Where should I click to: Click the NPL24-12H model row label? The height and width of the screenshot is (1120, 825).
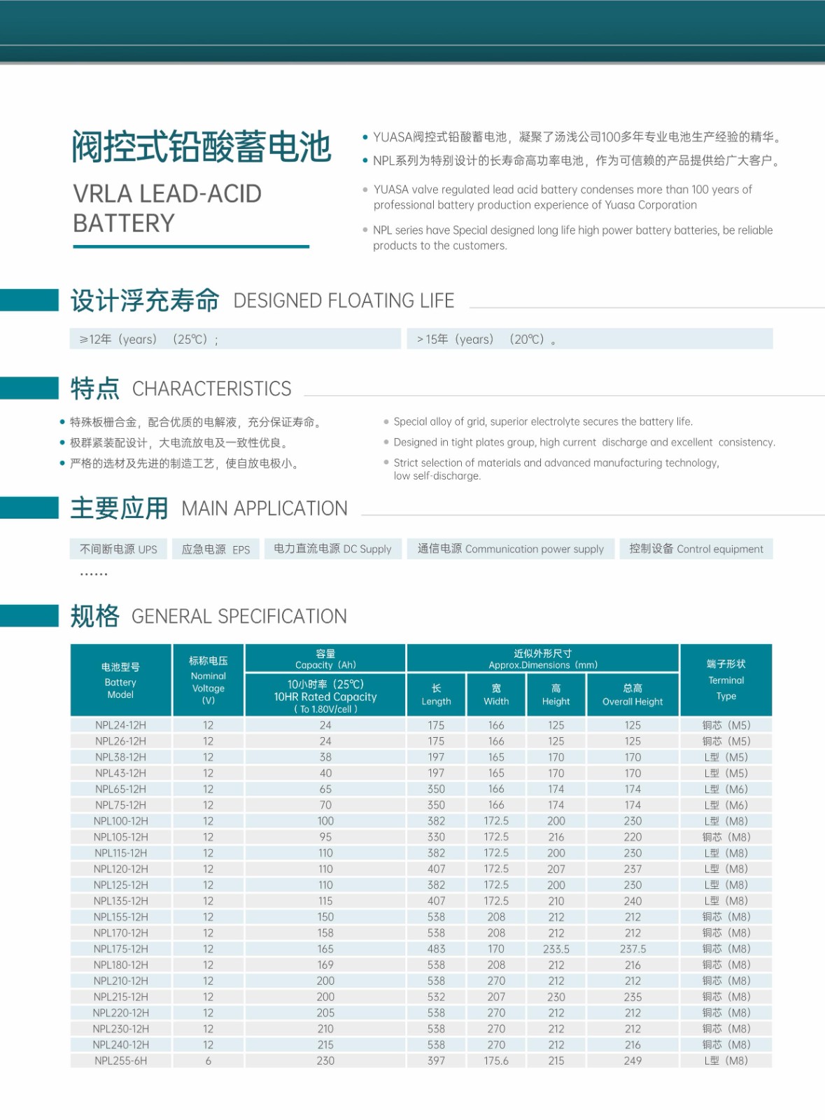(120, 725)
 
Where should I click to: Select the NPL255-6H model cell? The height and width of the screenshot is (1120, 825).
(120, 1060)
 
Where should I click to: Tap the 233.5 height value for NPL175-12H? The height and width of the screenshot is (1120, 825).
(556, 948)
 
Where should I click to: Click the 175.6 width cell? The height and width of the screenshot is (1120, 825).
(496, 1060)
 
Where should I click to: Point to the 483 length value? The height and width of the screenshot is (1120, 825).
(436, 948)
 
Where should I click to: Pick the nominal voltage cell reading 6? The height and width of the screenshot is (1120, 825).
(208, 1060)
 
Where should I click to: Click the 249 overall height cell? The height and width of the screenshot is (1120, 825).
(633, 1060)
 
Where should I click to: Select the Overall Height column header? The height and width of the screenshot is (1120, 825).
(633, 694)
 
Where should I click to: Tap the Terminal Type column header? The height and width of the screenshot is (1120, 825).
(726, 680)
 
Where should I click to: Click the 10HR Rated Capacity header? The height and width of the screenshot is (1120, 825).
(325, 696)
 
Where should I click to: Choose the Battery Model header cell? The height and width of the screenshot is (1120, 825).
(120, 680)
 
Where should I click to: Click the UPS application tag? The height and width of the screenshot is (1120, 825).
(119, 549)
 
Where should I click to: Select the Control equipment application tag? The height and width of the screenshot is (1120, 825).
(696, 549)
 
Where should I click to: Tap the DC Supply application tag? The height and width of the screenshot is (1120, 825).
(332, 549)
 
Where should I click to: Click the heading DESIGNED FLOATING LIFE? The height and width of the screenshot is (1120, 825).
(344, 301)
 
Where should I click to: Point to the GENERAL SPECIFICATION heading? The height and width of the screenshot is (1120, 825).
(239, 616)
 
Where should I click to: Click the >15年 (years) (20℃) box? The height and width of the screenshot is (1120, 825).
(589, 339)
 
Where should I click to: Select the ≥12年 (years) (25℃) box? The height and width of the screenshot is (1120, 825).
(235, 339)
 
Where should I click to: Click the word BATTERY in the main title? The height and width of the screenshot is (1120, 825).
(124, 223)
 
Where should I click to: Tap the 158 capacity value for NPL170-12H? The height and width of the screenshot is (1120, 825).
(325, 932)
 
